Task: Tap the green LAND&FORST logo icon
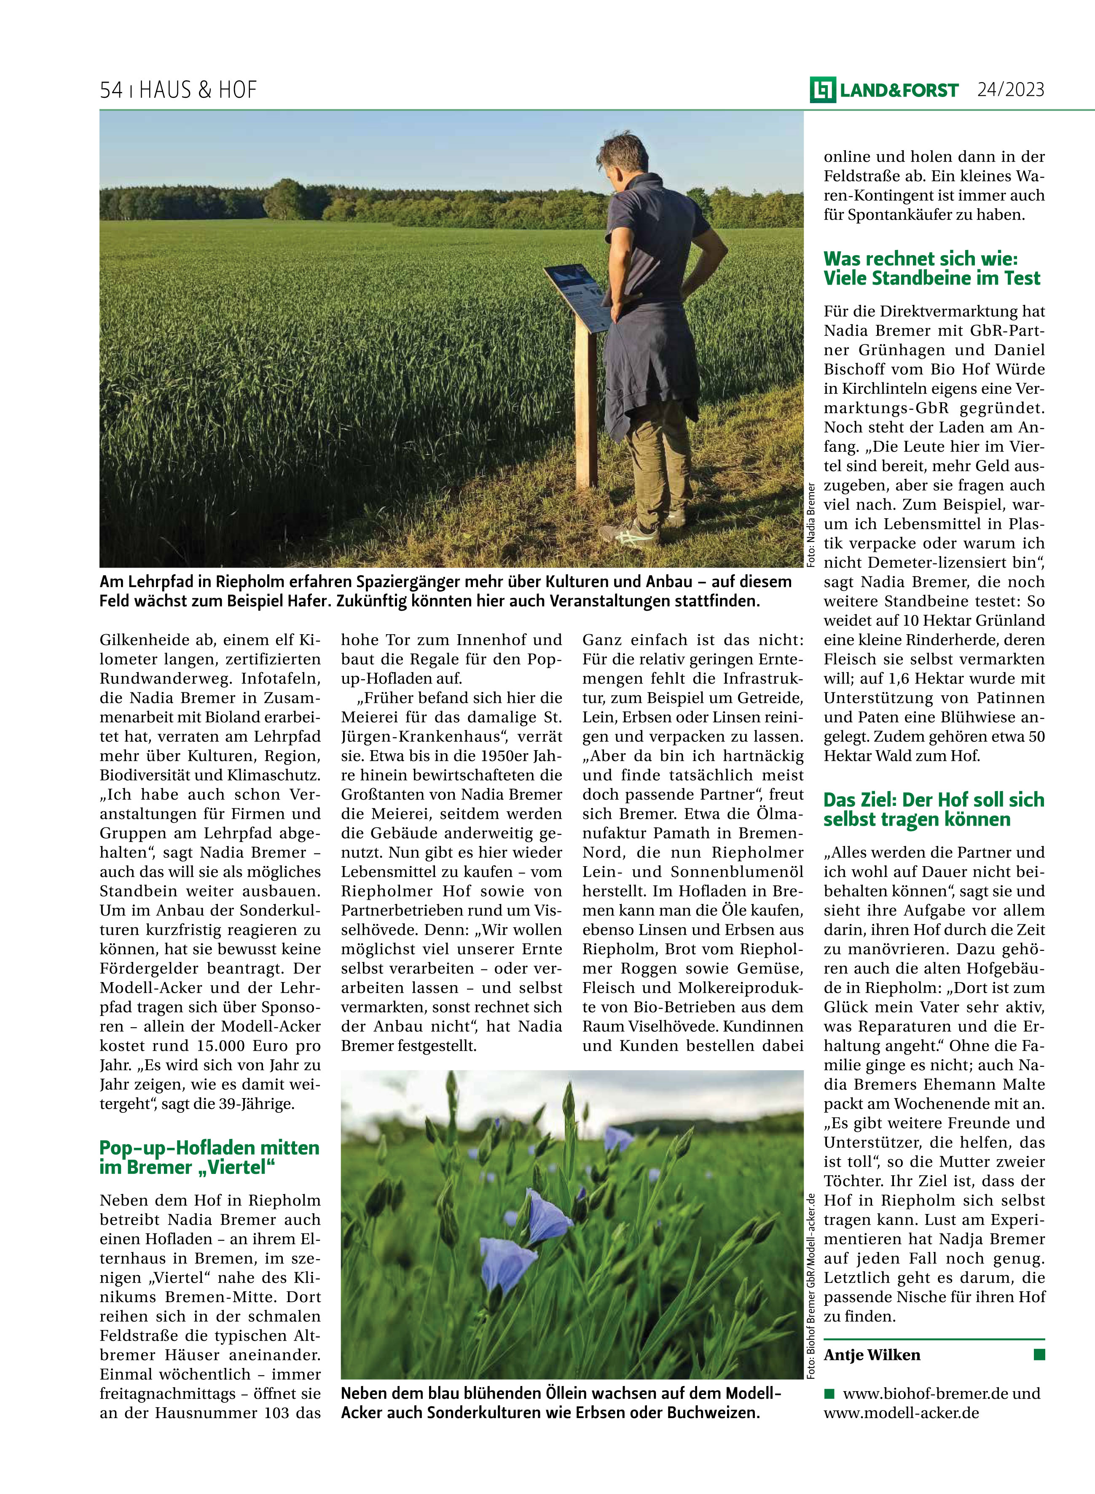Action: click(823, 90)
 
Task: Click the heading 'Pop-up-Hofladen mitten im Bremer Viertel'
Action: click(209, 1157)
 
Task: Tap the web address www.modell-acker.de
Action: click(901, 1413)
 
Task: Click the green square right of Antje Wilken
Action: click(1039, 1354)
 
